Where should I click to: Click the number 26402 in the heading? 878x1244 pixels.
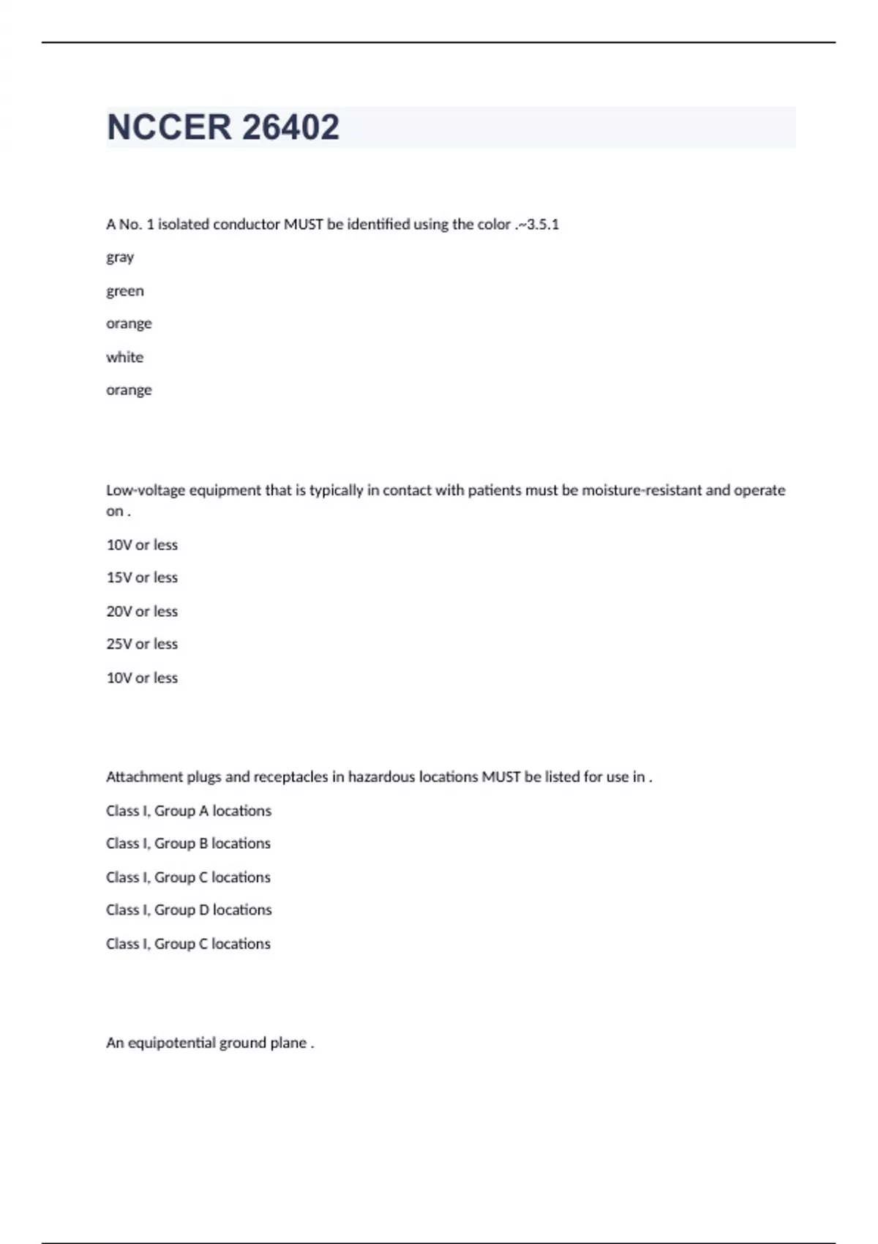(290, 127)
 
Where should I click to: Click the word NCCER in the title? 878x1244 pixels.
(169, 127)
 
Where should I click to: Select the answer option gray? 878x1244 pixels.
(120, 258)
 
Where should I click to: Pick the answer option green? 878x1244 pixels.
(125, 291)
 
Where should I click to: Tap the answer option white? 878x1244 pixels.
(125, 358)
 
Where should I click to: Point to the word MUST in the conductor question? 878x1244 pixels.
(303, 225)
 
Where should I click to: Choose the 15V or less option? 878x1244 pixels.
(142, 578)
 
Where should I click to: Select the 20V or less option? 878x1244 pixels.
(142, 612)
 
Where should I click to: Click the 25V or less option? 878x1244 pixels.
(142, 645)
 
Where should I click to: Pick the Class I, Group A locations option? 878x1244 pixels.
(189, 811)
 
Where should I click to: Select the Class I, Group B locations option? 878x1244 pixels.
(189, 844)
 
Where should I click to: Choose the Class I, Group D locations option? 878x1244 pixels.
(189, 910)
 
